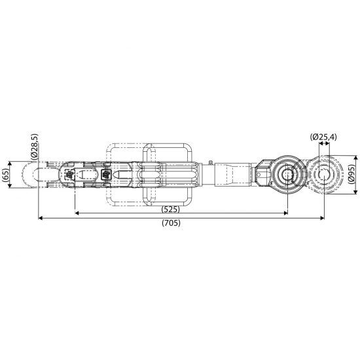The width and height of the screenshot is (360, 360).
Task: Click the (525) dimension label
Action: tap(171, 209)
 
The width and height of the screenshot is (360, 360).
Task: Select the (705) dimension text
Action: tap(171, 223)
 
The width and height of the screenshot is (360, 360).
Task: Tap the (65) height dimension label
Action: tap(5, 175)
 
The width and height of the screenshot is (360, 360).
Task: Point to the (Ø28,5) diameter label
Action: tap(35, 147)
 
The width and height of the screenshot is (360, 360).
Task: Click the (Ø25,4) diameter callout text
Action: tap(323, 137)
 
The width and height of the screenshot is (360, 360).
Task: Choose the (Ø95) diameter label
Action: tap(351, 174)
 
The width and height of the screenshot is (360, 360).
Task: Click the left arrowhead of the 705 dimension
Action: tap(41, 218)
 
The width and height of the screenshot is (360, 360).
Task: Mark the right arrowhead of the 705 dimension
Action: tap(322, 218)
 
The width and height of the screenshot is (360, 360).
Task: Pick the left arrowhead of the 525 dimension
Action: tap(77, 213)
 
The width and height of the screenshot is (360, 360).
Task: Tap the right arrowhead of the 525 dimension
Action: tap(285, 213)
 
